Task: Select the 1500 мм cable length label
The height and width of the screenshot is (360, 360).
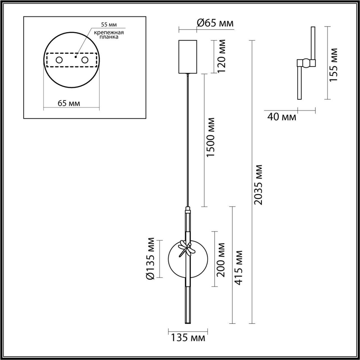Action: pyautogui.click(x=211, y=137)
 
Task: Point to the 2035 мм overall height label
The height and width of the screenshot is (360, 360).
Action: pyautogui.click(x=259, y=185)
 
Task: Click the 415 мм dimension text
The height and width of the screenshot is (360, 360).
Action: pyautogui.click(x=238, y=267)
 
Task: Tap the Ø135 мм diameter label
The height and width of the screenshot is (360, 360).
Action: pyautogui.click(x=150, y=258)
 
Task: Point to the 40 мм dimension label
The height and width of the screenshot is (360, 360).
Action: pyautogui.click(x=282, y=117)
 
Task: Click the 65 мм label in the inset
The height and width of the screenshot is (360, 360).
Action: pyautogui.click(x=68, y=103)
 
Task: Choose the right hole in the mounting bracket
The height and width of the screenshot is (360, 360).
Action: pyautogui.click(x=85, y=60)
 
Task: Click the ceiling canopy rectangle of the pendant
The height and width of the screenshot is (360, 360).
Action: pyautogui.click(x=188, y=57)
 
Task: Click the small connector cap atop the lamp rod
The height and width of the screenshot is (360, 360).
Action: pyautogui.click(x=187, y=209)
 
